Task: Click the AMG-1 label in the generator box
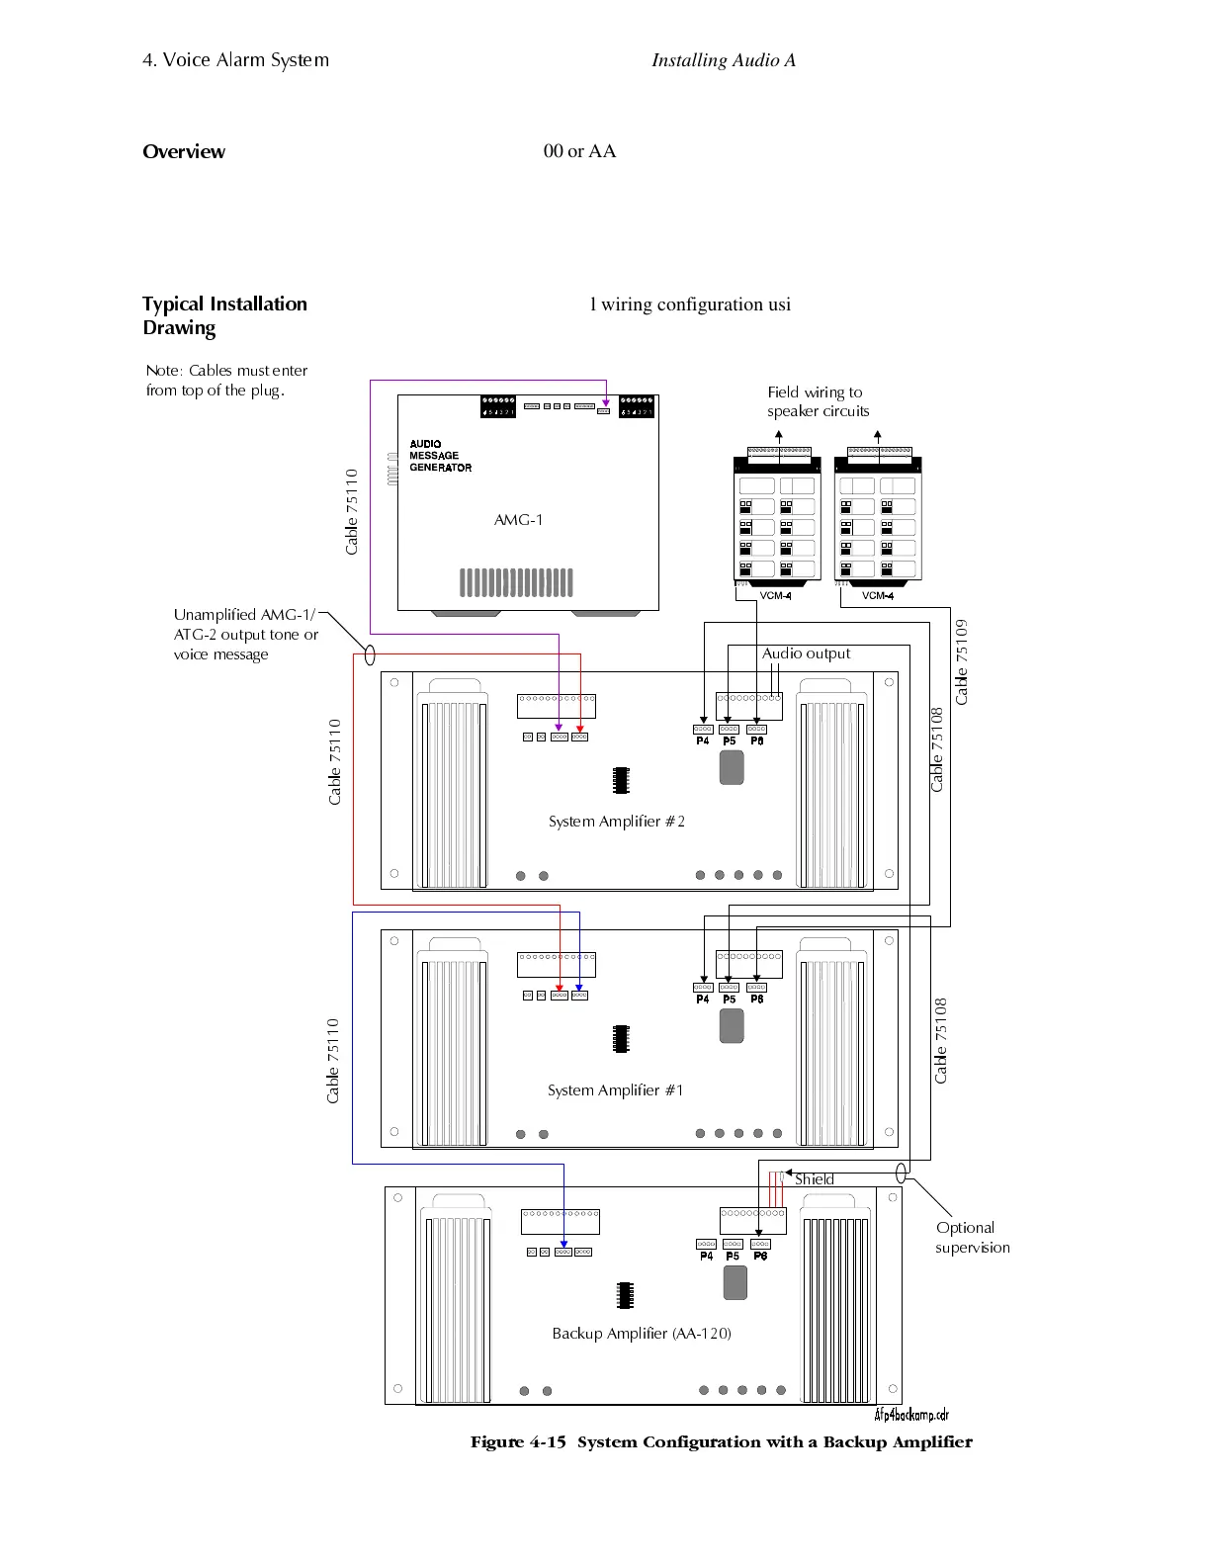(x=518, y=520)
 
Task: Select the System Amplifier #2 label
(x=616, y=822)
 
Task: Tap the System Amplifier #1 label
(x=615, y=1090)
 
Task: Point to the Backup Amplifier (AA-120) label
(x=642, y=1334)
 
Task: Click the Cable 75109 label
(x=962, y=661)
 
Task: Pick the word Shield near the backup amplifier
(x=814, y=1179)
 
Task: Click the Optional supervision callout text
(x=972, y=1238)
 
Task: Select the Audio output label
(x=806, y=653)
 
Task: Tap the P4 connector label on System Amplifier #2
(x=703, y=741)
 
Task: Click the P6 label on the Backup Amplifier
(x=760, y=1257)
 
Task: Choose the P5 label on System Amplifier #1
(x=730, y=1000)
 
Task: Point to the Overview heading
(x=184, y=151)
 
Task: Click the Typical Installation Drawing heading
(x=224, y=315)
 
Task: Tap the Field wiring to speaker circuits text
(x=818, y=401)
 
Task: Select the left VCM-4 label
(x=775, y=596)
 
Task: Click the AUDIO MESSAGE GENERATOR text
(x=440, y=456)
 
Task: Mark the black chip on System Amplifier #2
(x=621, y=780)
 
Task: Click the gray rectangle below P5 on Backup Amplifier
(x=735, y=1282)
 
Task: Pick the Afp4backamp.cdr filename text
(x=911, y=1415)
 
